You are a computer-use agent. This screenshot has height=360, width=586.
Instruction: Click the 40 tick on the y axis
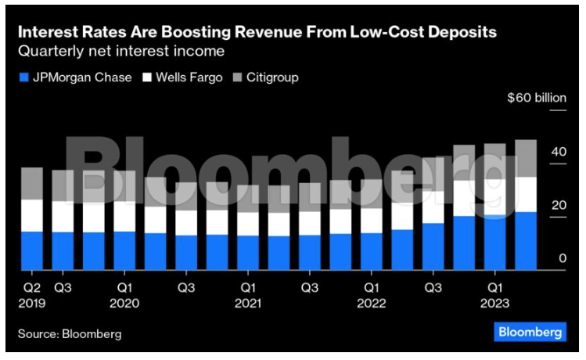click(x=558, y=152)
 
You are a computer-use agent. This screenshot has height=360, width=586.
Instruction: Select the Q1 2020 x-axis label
click(x=124, y=294)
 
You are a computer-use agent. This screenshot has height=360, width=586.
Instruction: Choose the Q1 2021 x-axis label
click(x=247, y=294)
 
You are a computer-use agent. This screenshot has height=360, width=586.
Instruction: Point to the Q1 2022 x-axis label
click(x=370, y=294)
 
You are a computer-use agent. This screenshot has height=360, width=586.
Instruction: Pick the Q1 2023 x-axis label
click(x=494, y=294)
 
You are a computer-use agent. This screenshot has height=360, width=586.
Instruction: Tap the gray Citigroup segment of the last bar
click(x=525, y=158)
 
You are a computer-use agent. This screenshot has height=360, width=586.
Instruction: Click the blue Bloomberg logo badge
click(x=530, y=333)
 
